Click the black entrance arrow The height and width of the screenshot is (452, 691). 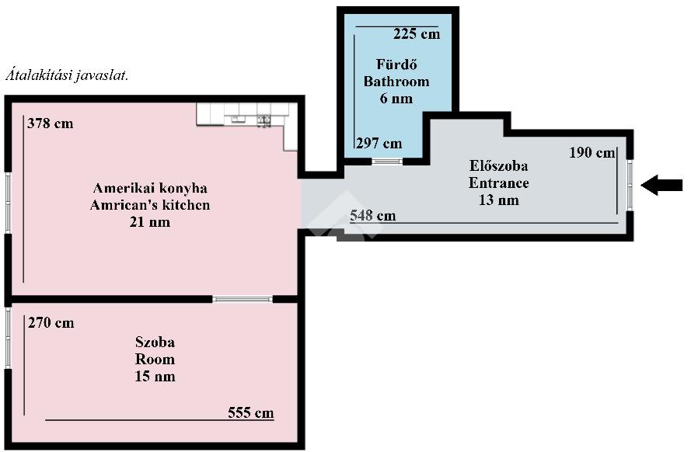[x=661, y=185]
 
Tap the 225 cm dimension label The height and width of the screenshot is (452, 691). [x=417, y=34]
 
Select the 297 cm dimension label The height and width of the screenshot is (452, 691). [x=379, y=143]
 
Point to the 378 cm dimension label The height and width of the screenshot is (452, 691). [x=51, y=123]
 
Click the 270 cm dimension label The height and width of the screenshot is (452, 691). [x=51, y=323]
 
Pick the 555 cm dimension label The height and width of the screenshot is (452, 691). [x=251, y=413]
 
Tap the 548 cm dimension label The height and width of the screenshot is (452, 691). [x=373, y=216]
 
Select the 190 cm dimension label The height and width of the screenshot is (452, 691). [x=592, y=153]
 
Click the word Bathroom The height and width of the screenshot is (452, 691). [x=396, y=82]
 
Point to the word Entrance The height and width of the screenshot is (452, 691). [x=498, y=183]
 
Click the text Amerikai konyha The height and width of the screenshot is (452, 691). [x=150, y=189]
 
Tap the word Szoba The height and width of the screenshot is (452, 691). [x=155, y=342]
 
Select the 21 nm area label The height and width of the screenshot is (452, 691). [x=150, y=222]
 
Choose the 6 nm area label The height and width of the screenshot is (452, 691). [x=396, y=98]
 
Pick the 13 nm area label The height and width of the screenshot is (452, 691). [x=498, y=200]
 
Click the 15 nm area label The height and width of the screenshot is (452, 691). [x=155, y=377]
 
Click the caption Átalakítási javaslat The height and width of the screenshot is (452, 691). [x=67, y=75]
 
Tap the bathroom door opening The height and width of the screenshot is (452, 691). [x=387, y=161]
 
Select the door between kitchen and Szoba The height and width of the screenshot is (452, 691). [x=243, y=299]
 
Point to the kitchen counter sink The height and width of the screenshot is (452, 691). [x=263, y=120]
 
